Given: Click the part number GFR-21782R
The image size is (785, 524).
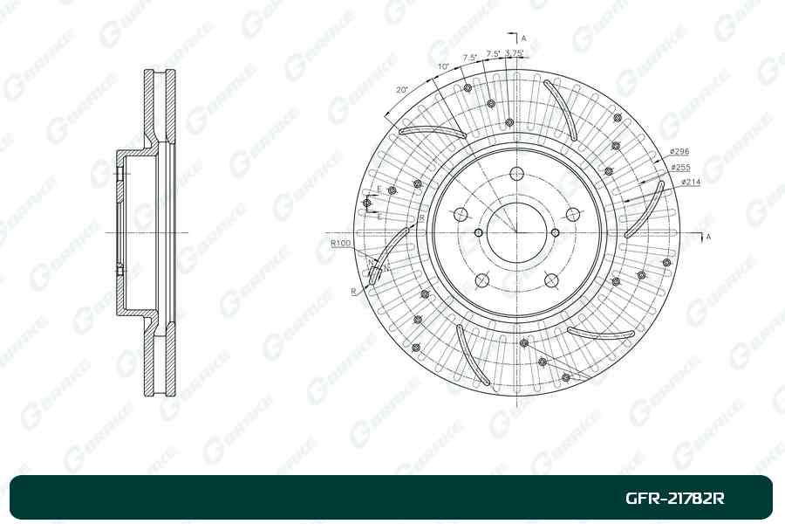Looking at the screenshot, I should coord(675,499).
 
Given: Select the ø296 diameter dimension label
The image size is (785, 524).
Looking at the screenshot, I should coord(680,152).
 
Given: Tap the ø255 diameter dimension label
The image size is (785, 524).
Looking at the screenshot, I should coord(680,167).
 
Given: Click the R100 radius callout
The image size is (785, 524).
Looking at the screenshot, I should coord(340,242).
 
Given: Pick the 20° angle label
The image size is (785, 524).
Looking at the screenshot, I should coord(401,90).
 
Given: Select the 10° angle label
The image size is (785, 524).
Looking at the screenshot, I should coord(444,66).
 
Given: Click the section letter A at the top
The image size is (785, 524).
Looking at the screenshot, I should coord(524,39).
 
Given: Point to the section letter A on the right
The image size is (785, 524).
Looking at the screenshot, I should coord(707,237).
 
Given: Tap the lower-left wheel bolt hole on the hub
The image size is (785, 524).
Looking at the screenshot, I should coord(480,280).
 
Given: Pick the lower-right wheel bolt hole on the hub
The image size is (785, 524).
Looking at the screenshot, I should coord(550,280).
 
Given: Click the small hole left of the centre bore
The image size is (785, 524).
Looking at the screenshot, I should coord(478,232).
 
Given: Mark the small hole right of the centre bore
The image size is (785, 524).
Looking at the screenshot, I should coord(554,232).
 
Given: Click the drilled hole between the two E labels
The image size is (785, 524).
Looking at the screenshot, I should coord(367,203).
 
